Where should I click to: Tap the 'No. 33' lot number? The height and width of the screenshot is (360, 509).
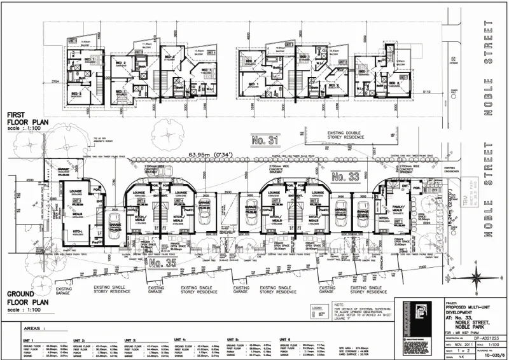(347, 175)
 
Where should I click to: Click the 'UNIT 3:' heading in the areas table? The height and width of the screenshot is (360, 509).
(133, 340)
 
